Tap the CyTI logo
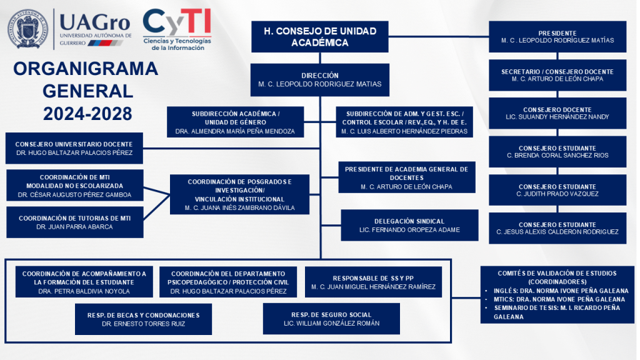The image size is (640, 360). click(x=177, y=29)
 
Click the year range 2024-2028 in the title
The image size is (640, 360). click(x=87, y=114)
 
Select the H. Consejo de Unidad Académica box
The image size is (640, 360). click(x=319, y=36)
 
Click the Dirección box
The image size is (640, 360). click(x=319, y=79)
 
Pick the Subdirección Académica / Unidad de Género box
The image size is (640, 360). click(x=235, y=122)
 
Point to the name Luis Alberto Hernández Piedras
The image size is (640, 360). click(x=404, y=131)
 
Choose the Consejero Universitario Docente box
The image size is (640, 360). click(x=74, y=148)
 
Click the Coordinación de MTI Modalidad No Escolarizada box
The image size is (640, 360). click(x=74, y=186)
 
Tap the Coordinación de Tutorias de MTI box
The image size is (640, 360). click(x=74, y=222)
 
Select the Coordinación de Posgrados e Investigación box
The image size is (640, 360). click(x=239, y=194)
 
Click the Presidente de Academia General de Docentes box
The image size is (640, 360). click(x=406, y=177)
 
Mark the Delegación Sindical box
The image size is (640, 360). click(x=409, y=225)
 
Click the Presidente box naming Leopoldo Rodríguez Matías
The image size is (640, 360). click(x=557, y=36)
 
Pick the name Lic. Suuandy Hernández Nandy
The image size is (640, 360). click(x=557, y=117)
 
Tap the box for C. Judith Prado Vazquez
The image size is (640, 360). click(x=557, y=190)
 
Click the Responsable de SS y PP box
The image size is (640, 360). click(x=373, y=282)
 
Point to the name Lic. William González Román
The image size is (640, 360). click(x=331, y=323)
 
